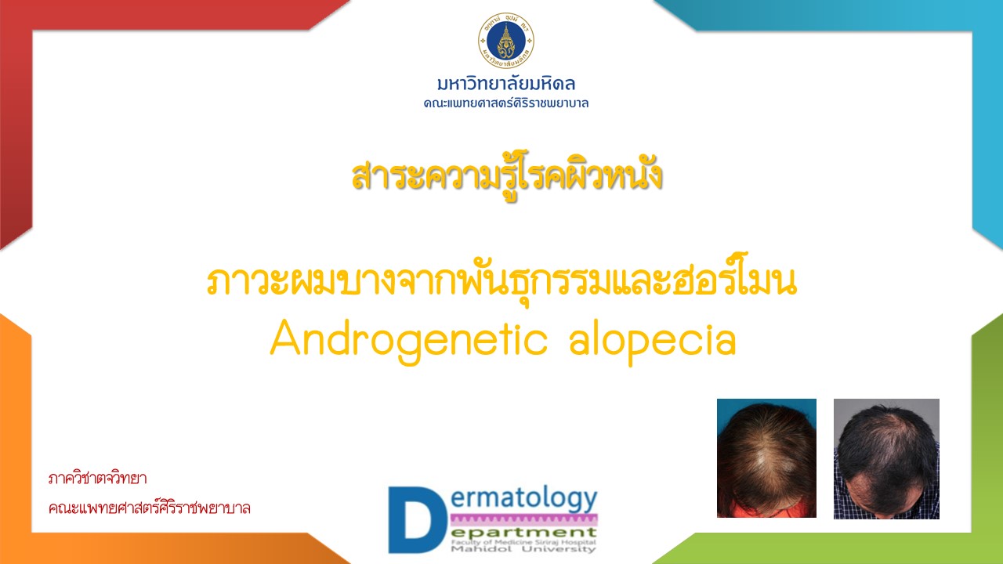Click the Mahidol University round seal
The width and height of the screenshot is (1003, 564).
[506, 40]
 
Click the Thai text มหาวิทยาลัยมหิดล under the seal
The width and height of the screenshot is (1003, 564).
[506, 84]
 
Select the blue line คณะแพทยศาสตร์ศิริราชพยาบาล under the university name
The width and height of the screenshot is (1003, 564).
[506, 103]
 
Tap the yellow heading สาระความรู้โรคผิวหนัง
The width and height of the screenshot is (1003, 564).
[506, 176]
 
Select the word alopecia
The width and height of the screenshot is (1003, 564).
[653, 341]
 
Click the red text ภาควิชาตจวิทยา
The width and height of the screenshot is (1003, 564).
[98, 479]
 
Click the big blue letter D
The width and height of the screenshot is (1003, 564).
[416, 520]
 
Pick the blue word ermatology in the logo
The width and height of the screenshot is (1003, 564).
[524, 499]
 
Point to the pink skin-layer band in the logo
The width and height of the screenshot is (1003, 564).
[524, 519]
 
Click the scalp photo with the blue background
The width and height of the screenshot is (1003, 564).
[766, 458]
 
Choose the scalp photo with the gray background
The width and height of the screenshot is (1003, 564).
[886, 459]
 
